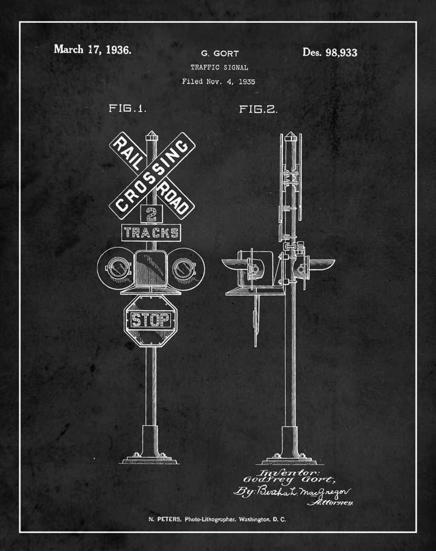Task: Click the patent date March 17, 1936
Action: (92, 50)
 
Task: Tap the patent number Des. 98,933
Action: (329, 52)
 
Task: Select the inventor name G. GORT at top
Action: (219, 54)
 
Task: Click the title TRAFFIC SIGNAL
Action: (219, 68)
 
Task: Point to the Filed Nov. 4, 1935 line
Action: (219, 81)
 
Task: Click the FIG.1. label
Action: (127, 109)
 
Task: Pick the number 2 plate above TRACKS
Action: (151, 214)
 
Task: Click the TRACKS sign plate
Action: (151, 233)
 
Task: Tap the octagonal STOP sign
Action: (151, 320)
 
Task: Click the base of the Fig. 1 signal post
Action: (151, 448)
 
